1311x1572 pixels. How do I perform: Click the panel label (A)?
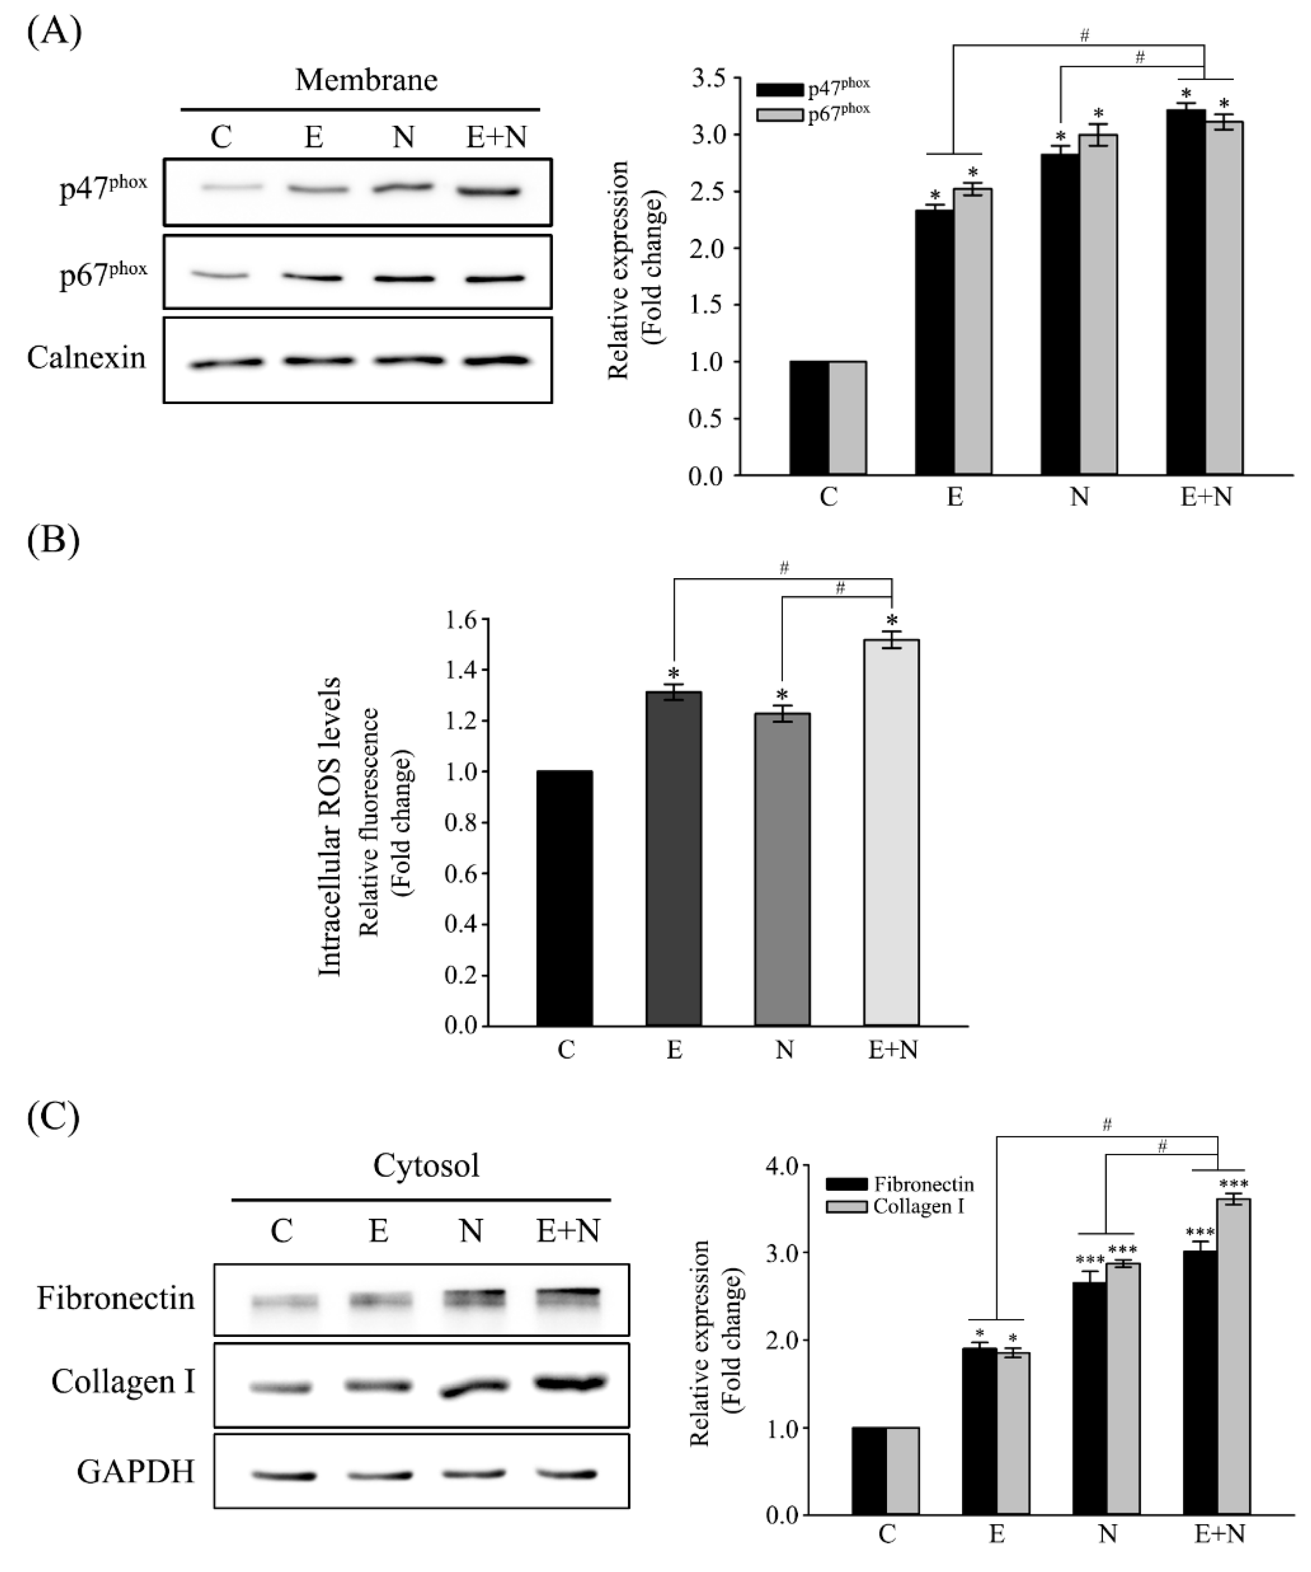coord(54,33)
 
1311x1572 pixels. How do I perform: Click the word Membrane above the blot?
coord(366,79)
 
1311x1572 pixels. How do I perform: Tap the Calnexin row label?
coord(86,358)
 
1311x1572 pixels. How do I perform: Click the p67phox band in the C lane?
coord(221,276)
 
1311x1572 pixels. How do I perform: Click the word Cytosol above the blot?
coord(426,1166)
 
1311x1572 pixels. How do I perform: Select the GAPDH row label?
coord(135,1472)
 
